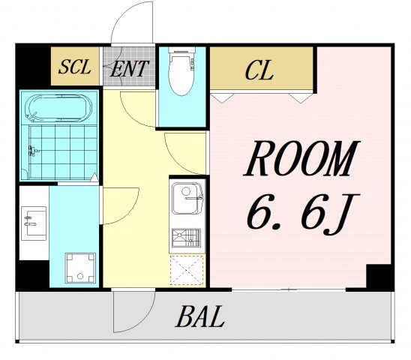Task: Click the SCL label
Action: click(75, 67)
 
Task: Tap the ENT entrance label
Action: click(129, 68)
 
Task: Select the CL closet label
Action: click(259, 70)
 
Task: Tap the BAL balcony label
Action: click(199, 316)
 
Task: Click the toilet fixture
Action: click(181, 70)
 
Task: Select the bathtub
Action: click(58, 108)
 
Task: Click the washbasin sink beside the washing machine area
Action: click(34, 223)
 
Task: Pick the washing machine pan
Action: click(80, 268)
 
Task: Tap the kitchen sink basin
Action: click(187, 198)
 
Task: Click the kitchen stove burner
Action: click(186, 238)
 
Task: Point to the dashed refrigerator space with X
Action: click(187, 270)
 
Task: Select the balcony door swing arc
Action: click(147, 319)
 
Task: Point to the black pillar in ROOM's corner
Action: click(380, 278)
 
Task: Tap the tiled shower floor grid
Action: click(63, 152)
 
